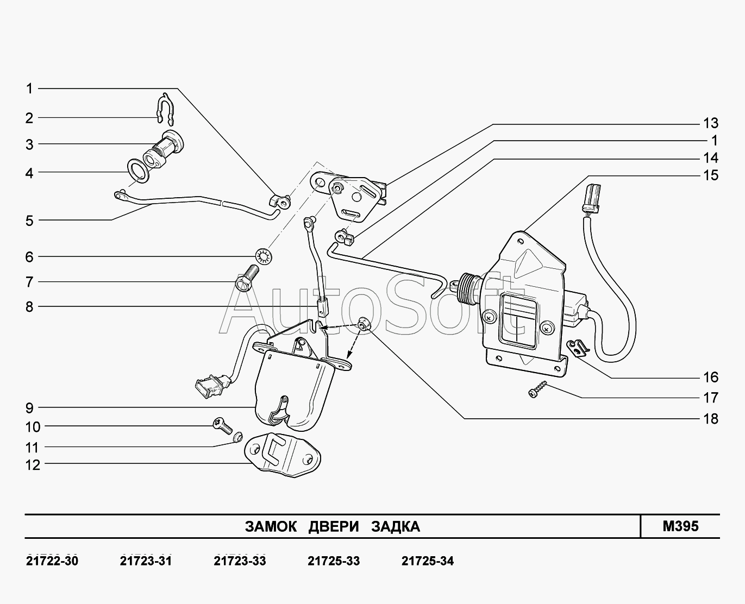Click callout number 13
point(710,123)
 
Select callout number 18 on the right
point(710,419)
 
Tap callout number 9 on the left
point(29,407)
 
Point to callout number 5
point(29,221)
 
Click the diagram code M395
point(680,526)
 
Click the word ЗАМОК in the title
point(271,526)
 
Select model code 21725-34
point(427,561)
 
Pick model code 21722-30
point(52,561)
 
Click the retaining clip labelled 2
point(164,108)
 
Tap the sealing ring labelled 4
point(137,169)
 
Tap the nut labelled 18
point(364,324)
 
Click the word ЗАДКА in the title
point(396,526)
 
